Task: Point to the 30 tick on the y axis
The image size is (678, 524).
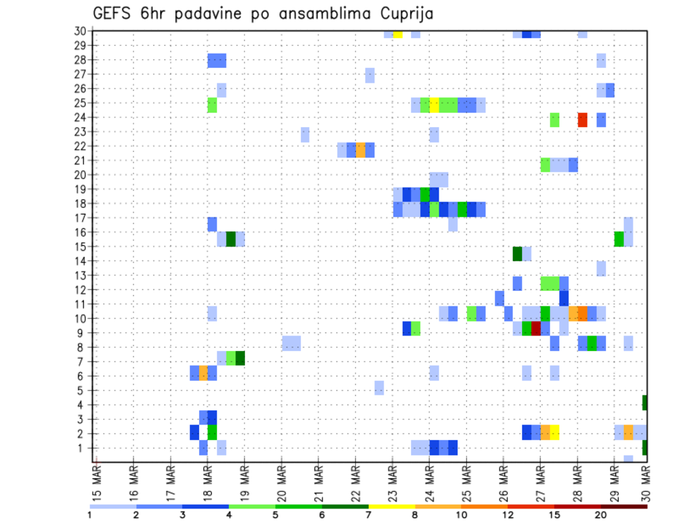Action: (x=80, y=31)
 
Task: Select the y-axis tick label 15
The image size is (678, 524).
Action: (x=80, y=246)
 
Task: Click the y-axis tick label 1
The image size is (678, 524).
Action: (x=83, y=448)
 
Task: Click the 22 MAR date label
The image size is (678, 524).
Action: (x=355, y=482)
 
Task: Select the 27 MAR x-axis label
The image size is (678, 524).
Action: (x=540, y=482)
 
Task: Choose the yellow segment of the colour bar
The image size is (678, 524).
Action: (x=392, y=506)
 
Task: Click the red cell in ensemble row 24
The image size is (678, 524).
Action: (x=583, y=119)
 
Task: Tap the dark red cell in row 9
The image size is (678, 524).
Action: (x=536, y=328)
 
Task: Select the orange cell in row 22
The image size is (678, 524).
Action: (x=360, y=149)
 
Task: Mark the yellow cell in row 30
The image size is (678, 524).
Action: (x=398, y=34)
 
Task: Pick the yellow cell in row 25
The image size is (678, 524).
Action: (x=434, y=105)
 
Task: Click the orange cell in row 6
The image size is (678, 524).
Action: (x=203, y=373)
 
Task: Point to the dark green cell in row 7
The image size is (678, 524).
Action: (x=240, y=358)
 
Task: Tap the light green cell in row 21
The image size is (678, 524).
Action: (x=545, y=164)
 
